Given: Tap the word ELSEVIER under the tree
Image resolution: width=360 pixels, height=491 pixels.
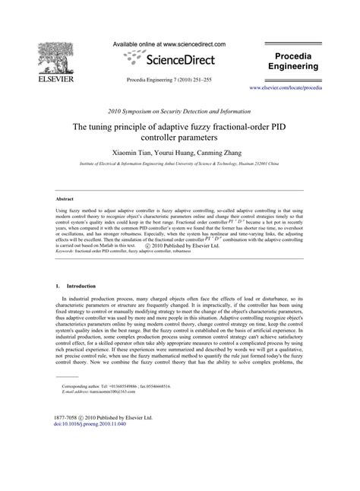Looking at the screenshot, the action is [39, 77].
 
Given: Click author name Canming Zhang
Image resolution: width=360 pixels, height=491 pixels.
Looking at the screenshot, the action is [222, 152].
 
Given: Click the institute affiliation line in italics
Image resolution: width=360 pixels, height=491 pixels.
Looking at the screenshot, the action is [180, 163].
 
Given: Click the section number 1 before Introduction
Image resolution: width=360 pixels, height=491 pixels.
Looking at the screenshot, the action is [58, 286].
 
